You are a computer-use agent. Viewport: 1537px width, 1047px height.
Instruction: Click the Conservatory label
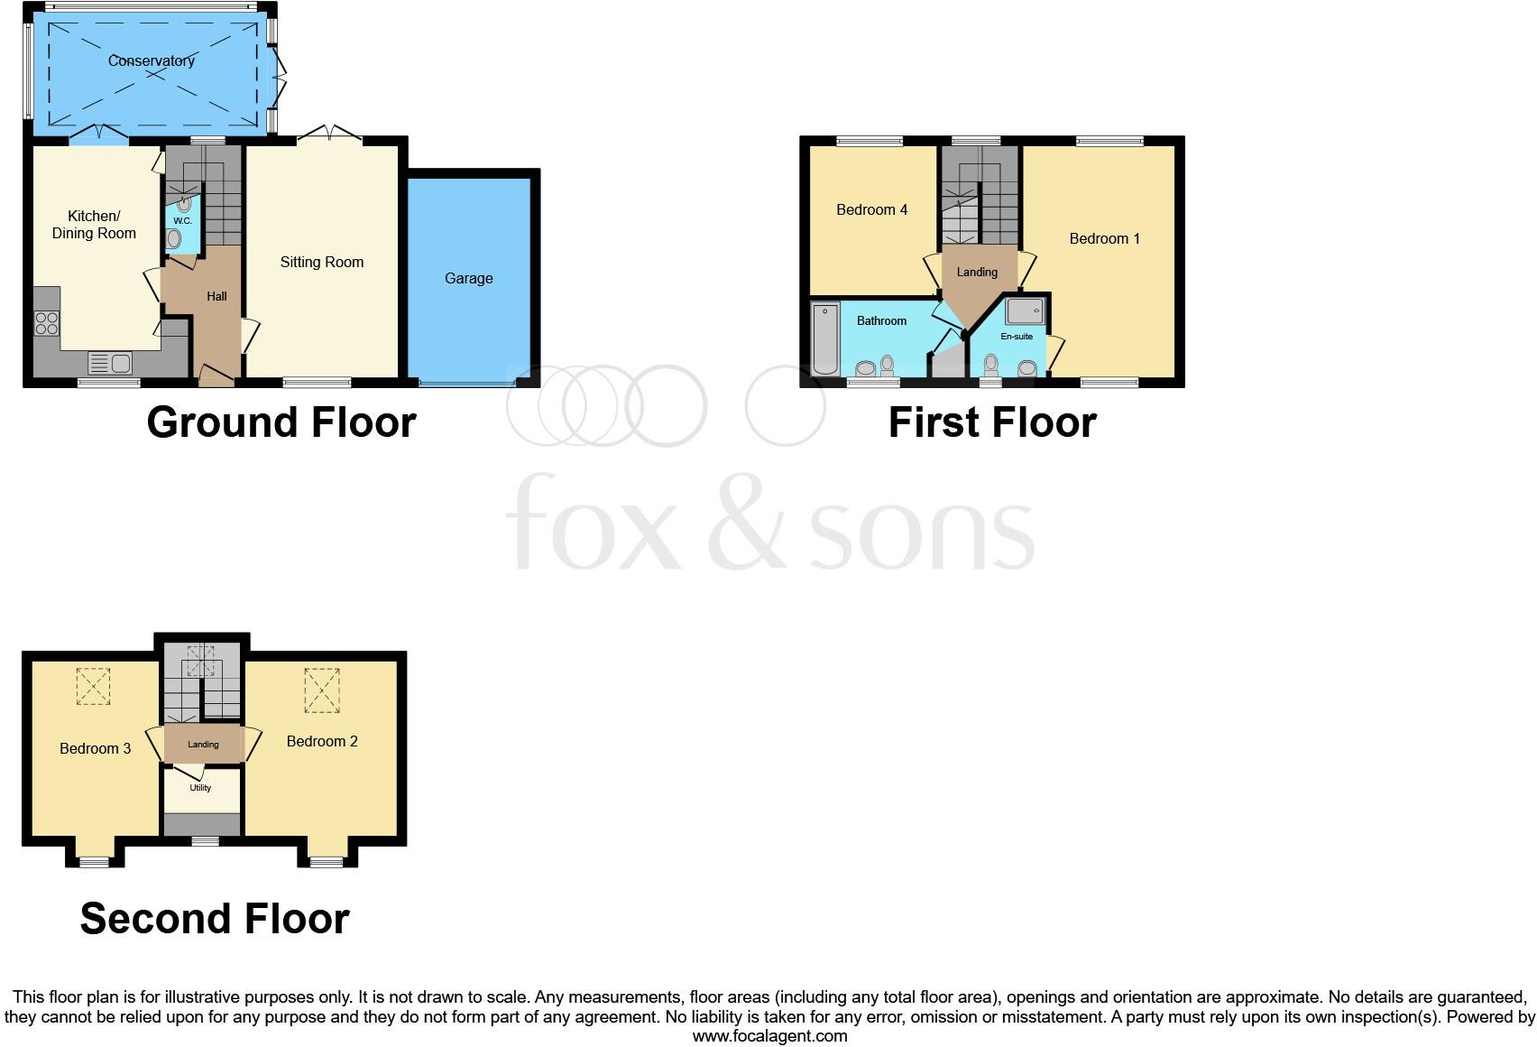pyautogui.click(x=151, y=60)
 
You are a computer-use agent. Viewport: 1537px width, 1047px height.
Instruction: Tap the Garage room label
pyautogui.click(x=468, y=278)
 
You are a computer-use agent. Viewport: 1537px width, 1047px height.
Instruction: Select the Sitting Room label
pyautogui.click(x=321, y=262)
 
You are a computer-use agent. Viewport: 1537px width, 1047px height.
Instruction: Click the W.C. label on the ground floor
pyautogui.click(x=182, y=220)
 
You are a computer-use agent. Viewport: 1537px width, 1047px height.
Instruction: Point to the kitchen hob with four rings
pyautogui.click(x=47, y=322)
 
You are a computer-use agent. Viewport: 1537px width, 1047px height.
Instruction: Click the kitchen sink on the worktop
pyautogui.click(x=110, y=364)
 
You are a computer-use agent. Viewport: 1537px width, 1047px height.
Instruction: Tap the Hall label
pyautogui.click(x=216, y=296)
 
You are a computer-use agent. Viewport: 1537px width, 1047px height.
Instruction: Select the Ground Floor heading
pyautogui.click(x=281, y=422)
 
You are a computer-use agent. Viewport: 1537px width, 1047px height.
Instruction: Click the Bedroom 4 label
pyautogui.click(x=871, y=209)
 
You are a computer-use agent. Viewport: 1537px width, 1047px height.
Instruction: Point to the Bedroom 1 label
pyautogui.click(x=1104, y=238)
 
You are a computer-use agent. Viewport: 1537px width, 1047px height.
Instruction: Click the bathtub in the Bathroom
pyautogui.click(x=824, y=339)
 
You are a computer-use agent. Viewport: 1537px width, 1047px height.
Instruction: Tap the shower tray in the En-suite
pyautogui.click(x=1025, y=311)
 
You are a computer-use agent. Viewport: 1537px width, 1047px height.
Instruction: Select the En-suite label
pyautogui.click(x=1017, y=337)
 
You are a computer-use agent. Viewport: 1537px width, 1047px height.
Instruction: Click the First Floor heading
pyautogui.click(x=991, y=422)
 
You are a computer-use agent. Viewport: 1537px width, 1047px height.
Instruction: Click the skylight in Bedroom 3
pyautogui.click(x=92, y=686)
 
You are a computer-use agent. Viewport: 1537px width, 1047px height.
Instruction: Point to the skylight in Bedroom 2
pyautogui.click(x=322, y=690)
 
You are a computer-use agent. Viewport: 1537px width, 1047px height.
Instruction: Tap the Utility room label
pyautogui.click(x=200, y=788)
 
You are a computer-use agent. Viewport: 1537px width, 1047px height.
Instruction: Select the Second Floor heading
pyautogui.click(x=215, y=919)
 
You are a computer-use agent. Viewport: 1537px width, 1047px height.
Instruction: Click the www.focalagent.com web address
pyautogui.click(x=769, y=1036)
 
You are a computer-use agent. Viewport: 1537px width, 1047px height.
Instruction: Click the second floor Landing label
pyautogui.click(x=203, y=745)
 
